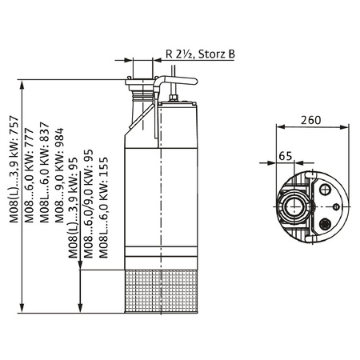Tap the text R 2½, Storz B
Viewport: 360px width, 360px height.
[200, 54]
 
